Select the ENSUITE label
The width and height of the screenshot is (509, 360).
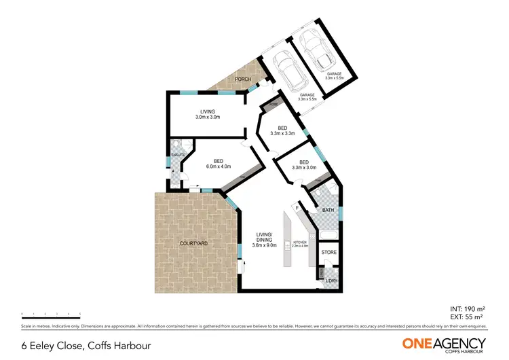click(x=178, y=156)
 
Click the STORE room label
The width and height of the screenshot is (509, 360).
click(x=329, y=253)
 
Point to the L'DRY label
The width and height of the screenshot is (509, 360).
click(x=331, y=281)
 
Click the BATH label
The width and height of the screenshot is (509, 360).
click(x=328, y=211)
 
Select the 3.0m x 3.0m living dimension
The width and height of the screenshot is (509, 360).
click(x=208, y=118)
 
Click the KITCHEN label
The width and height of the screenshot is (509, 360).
click(x=300, y=241)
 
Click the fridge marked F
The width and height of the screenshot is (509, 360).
click(x=297, y=206)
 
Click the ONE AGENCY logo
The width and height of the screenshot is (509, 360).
click(x=444, y=344)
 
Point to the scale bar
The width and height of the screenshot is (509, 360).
click(x=51, y=314)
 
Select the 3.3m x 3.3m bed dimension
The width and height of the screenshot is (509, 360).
click(x=283, y=134)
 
